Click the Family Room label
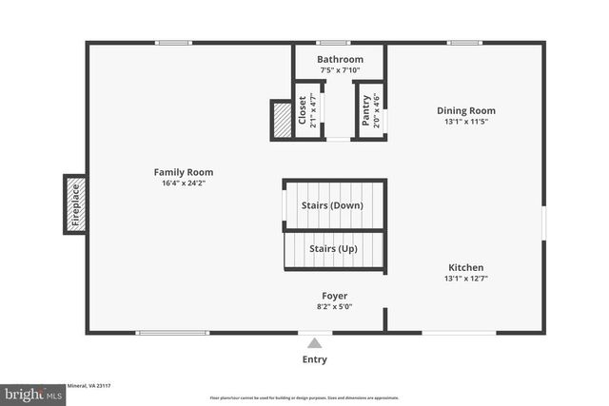pos(184,172)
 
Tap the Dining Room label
pos(465,110)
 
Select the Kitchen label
pos(465,267)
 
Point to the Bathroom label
pos(340,59)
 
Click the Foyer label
pos(334,296)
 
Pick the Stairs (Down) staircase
pos(334,204)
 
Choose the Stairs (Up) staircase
pos(334,249)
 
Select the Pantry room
pos(367,110)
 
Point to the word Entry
pos(315,359)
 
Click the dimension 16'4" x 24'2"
pos(184,184)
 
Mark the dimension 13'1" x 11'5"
pos(465,122)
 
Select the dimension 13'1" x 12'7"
pos(465,279)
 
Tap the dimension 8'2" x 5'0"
pos(334,307)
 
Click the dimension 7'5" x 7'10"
pos(340,70)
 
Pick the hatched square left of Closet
pos(282,119)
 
